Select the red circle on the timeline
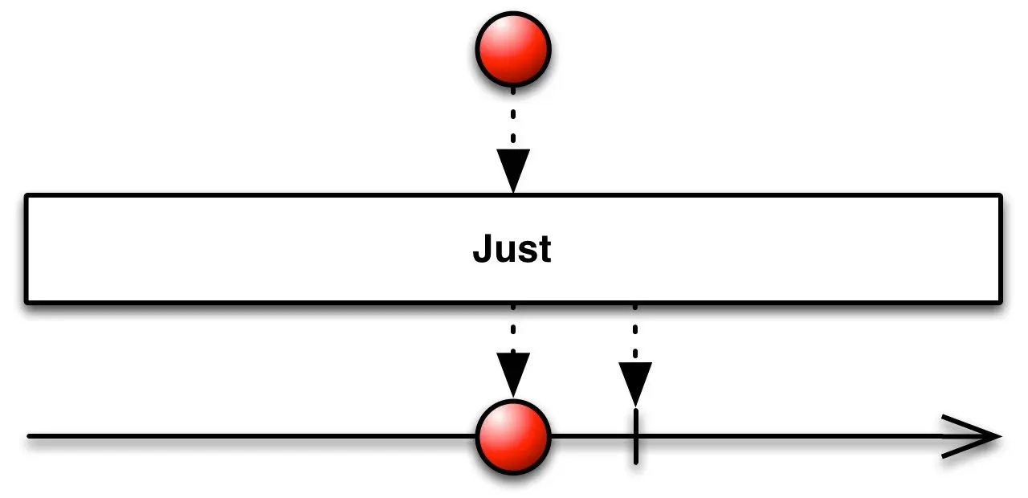click(x=513, y=438)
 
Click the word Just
click(x=512, y=250)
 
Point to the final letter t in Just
click(x=545, y=251)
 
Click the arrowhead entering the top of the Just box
click(x=513, y=170)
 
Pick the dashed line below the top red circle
click(x=513, y=116)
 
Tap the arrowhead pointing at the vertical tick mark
click(x=635, y=383)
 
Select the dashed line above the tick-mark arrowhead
click(x=635, y=333)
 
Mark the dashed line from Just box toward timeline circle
click(x=513, y=328)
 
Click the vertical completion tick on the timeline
click(x=635, y=438)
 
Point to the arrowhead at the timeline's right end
click(x=976, y=438)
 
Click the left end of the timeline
click(x=31, y=436)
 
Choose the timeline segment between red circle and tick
click(x=592, y=437)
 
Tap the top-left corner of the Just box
click(x=27, y=196)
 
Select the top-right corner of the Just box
click(x=1000, y=196)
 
